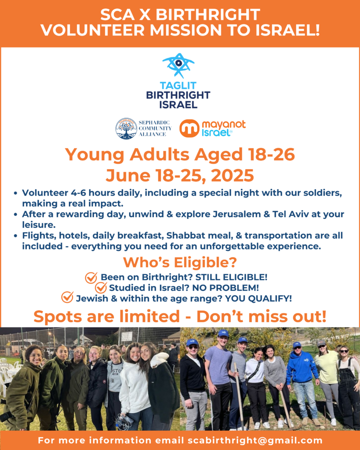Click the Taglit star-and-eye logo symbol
[178, 65]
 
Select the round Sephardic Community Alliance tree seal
[126, 128]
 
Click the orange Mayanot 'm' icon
[189, 128]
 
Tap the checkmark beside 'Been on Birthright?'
[91, 278]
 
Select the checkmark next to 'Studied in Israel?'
[101, 287]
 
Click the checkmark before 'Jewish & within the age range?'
[67, 298]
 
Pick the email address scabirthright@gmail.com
[255, 440]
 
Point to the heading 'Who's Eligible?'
[180, 262]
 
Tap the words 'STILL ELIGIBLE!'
[231, 277]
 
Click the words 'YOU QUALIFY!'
[258, 298]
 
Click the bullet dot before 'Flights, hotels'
[15, 236]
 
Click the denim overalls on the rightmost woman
[349, 393]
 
